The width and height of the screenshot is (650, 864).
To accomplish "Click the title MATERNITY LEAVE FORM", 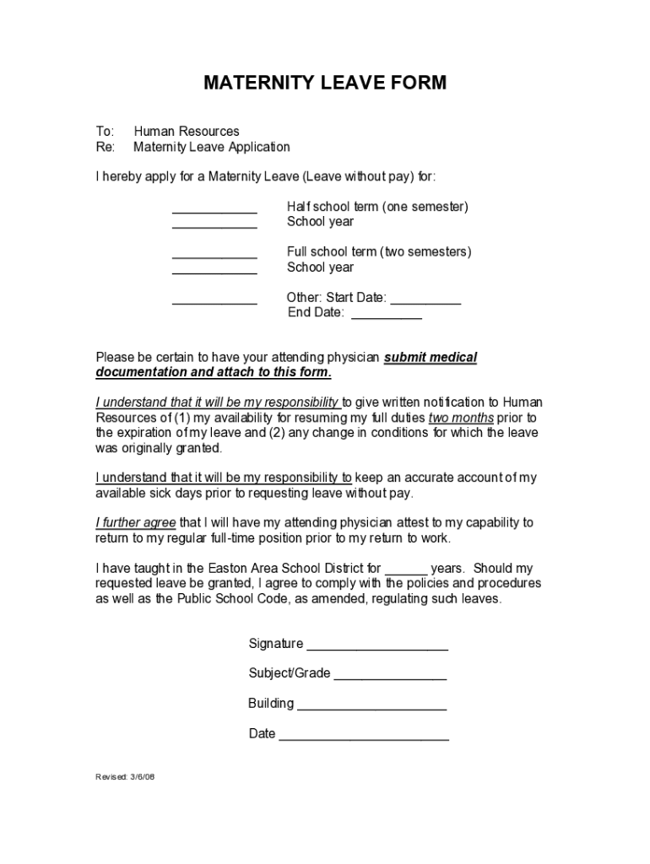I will click(x=325, y=83).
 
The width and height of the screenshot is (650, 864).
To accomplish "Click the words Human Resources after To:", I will click(x=187, y=132).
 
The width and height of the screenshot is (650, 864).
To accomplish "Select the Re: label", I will click(x=105, y=147).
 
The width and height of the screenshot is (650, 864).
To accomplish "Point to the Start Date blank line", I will click(x=426, y=302).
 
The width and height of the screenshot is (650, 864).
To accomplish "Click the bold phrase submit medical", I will click(x=431, y=358).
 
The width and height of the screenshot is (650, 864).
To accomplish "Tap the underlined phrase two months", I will click(x=461, y=418).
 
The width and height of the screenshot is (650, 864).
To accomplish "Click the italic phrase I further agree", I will click(x=136, y=523).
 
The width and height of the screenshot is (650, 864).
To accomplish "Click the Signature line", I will click(x=376, y=649).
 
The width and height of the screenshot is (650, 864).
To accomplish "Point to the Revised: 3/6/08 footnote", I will click(x=125, y=776).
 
